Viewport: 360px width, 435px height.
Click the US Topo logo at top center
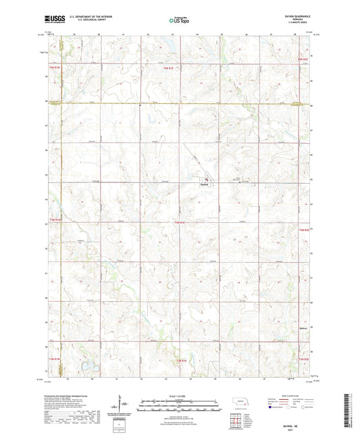pyautogui.click(x=180, y=21)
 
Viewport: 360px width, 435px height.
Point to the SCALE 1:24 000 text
pyautogui.click(x=180, y=394)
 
